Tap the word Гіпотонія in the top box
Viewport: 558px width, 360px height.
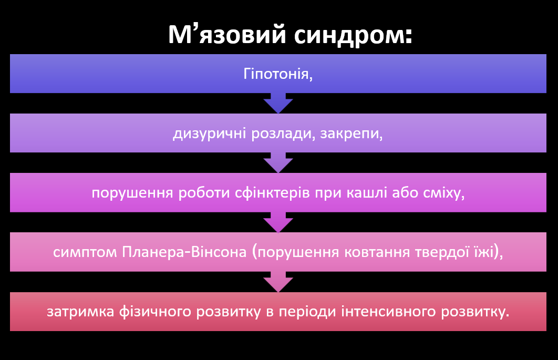tap(278, 74)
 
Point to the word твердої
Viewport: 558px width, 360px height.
tap(437, 253)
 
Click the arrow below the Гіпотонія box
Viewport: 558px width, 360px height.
tap(278, 104)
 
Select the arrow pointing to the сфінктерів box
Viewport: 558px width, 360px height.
tap(278, 163)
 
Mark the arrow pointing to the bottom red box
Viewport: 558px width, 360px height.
tap(278, 282)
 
